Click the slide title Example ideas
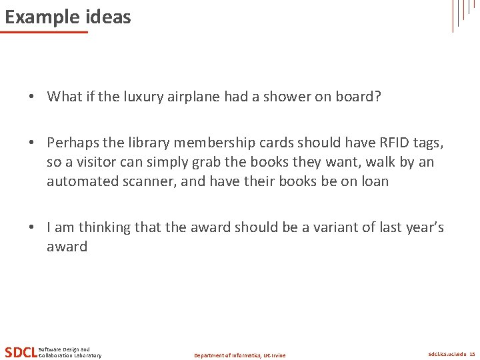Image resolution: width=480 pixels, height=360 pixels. pyautogui.click(x=68, y=17)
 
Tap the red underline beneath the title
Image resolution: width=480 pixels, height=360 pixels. pyautogui.click(x=44, y=32)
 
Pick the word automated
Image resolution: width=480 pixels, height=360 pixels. pyautogui.click(x=79, y=181)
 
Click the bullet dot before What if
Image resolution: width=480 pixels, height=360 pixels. pyautogui.click(x=31, y=97)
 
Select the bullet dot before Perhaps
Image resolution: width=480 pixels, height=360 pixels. pyautogui.click(x=31, y=143)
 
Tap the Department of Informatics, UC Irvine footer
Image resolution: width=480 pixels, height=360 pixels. pyautogui.click(x=239, y=355)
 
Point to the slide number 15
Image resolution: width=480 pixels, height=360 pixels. pyautogui.click(x=472, y=354)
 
